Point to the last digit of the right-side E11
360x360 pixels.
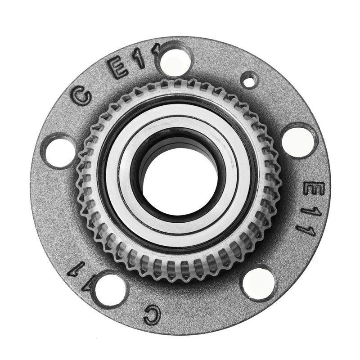pyautogui.click(x=307, y=229)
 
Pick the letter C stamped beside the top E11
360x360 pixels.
pyautogui.click(x=82, y=96)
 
